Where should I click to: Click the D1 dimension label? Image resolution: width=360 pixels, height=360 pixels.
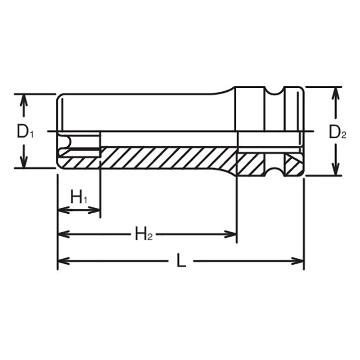click(x=25, y=132)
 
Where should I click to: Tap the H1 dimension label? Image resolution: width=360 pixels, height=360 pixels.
click(x=79, y=197)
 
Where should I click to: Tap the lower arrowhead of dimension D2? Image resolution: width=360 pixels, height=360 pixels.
click(x=335, y=170)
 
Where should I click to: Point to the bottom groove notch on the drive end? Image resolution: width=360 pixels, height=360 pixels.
click(x=274, y=171)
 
